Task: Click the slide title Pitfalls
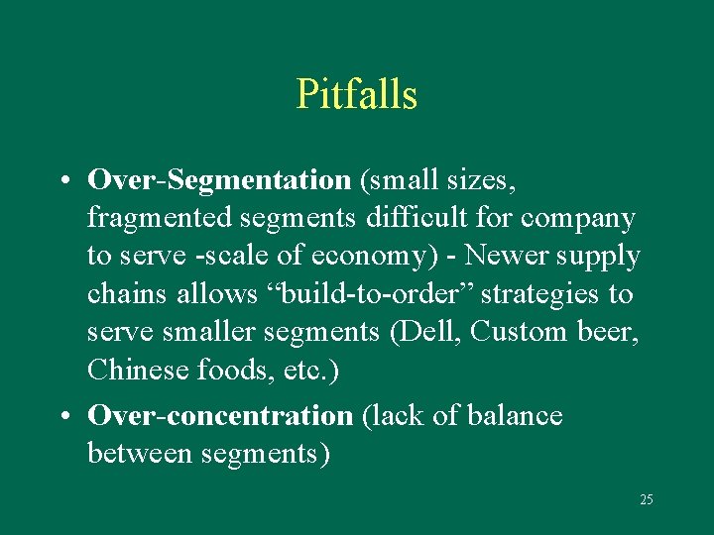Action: pos(356,95)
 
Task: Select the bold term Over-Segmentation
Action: pos(219,180)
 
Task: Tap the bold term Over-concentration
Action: pos(220,416)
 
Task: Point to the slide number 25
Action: pos(646,499)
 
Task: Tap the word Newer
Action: pos(504,256)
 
